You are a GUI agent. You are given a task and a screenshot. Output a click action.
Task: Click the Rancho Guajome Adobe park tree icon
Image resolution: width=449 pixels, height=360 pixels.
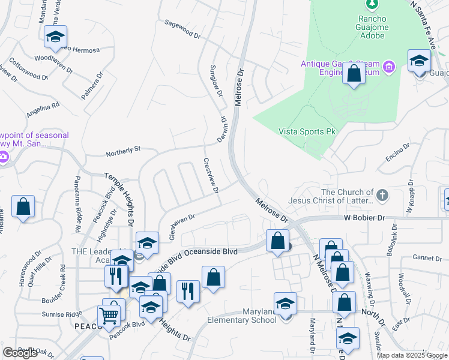pos(372,5)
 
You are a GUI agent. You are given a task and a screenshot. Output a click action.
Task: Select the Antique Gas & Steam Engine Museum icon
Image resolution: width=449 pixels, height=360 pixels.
pos(389,66)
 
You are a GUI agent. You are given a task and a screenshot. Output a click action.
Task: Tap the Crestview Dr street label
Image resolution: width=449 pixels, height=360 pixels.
pos(211,176)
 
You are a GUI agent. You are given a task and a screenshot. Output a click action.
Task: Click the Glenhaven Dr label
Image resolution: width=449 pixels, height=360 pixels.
pos(182,227)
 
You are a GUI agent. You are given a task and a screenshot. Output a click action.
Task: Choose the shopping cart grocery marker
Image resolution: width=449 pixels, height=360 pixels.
pos(109,314)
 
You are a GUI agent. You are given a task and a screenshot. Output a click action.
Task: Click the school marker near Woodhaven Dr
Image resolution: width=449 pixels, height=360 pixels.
pos(55,37)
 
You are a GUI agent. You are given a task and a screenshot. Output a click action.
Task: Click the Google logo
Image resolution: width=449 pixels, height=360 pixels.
pos(20,353)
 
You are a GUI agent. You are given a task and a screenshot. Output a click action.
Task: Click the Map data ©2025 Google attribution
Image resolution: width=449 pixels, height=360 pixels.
pos(412,355)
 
